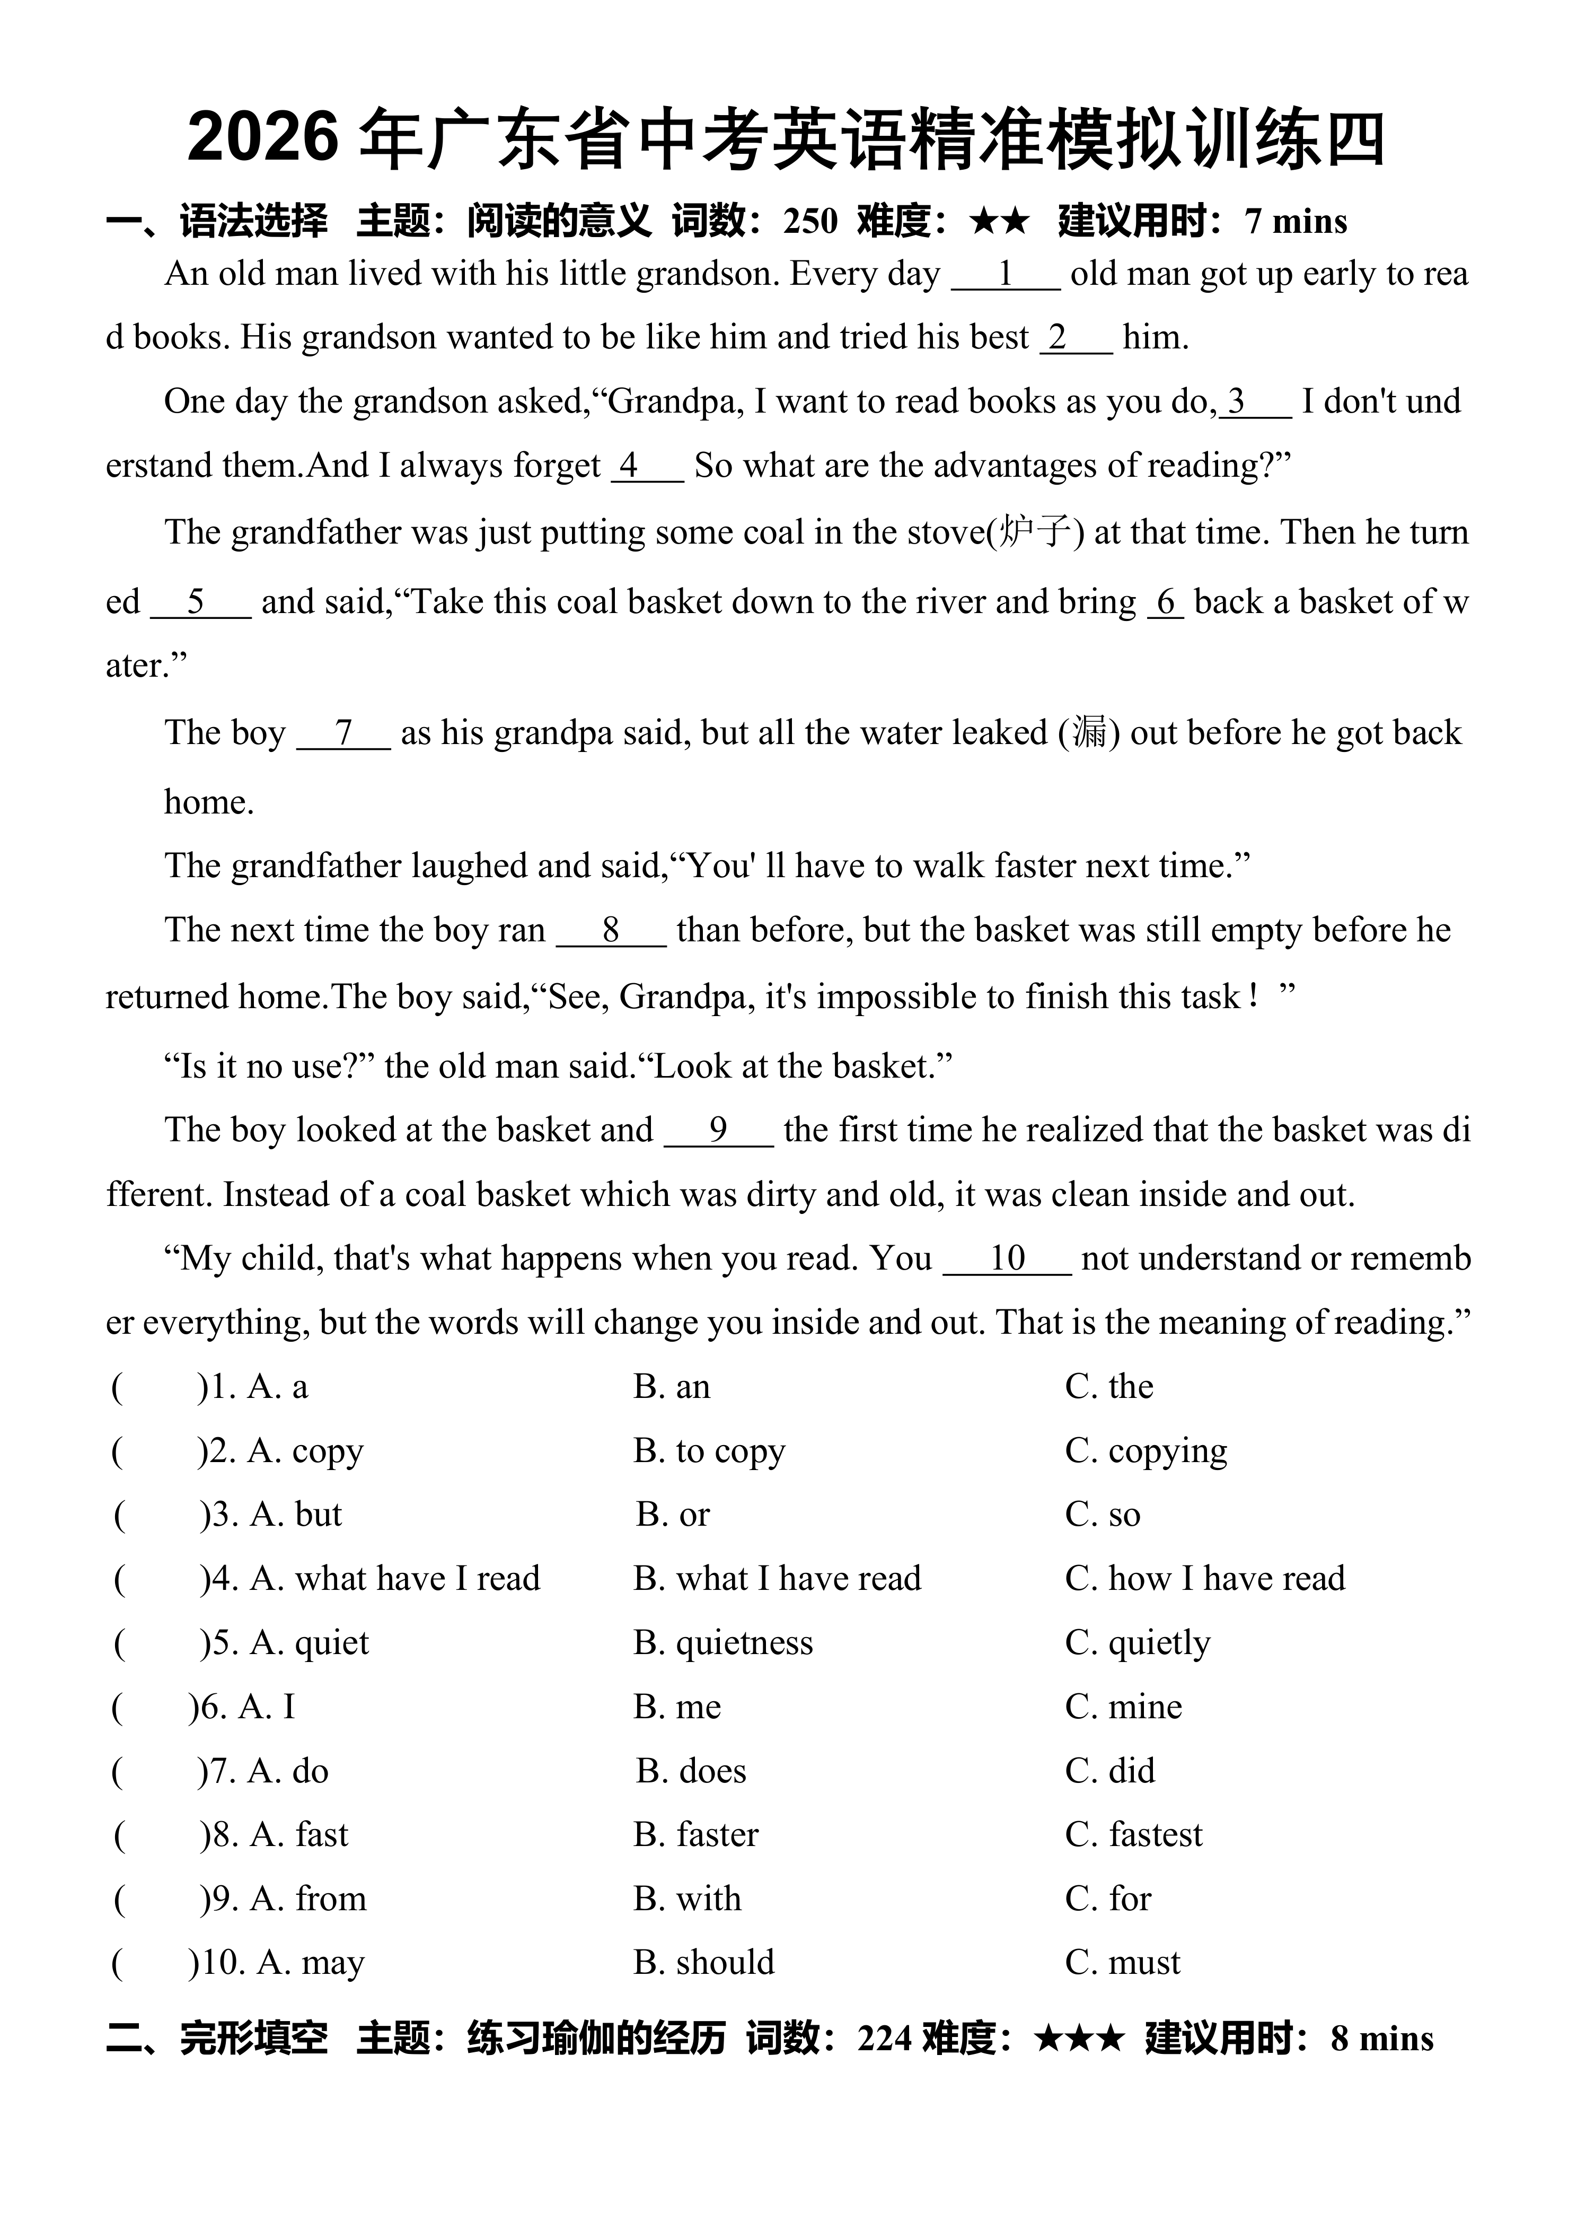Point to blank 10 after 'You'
[x=1007, y=1259]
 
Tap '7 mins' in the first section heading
[x=1296, y=222]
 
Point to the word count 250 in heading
[x=810, y=222]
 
